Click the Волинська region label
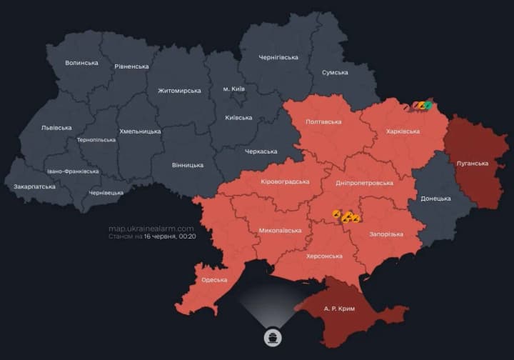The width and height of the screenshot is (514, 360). (81, 63)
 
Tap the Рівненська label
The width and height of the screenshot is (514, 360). (131, 66)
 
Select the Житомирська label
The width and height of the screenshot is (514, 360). (179, 91)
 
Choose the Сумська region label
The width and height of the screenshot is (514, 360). (335, 72)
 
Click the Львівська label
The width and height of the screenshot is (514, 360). (56, 128)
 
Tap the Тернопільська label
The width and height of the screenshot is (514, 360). (96, 140)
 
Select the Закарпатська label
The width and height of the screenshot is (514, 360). (34, 186)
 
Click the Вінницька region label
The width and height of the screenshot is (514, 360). (187, 165)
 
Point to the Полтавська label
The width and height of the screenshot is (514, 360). (323, 122)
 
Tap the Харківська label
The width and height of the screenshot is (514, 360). (403, 131)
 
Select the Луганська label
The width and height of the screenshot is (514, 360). (472, 163)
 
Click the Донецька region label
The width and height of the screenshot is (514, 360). (435, 198)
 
